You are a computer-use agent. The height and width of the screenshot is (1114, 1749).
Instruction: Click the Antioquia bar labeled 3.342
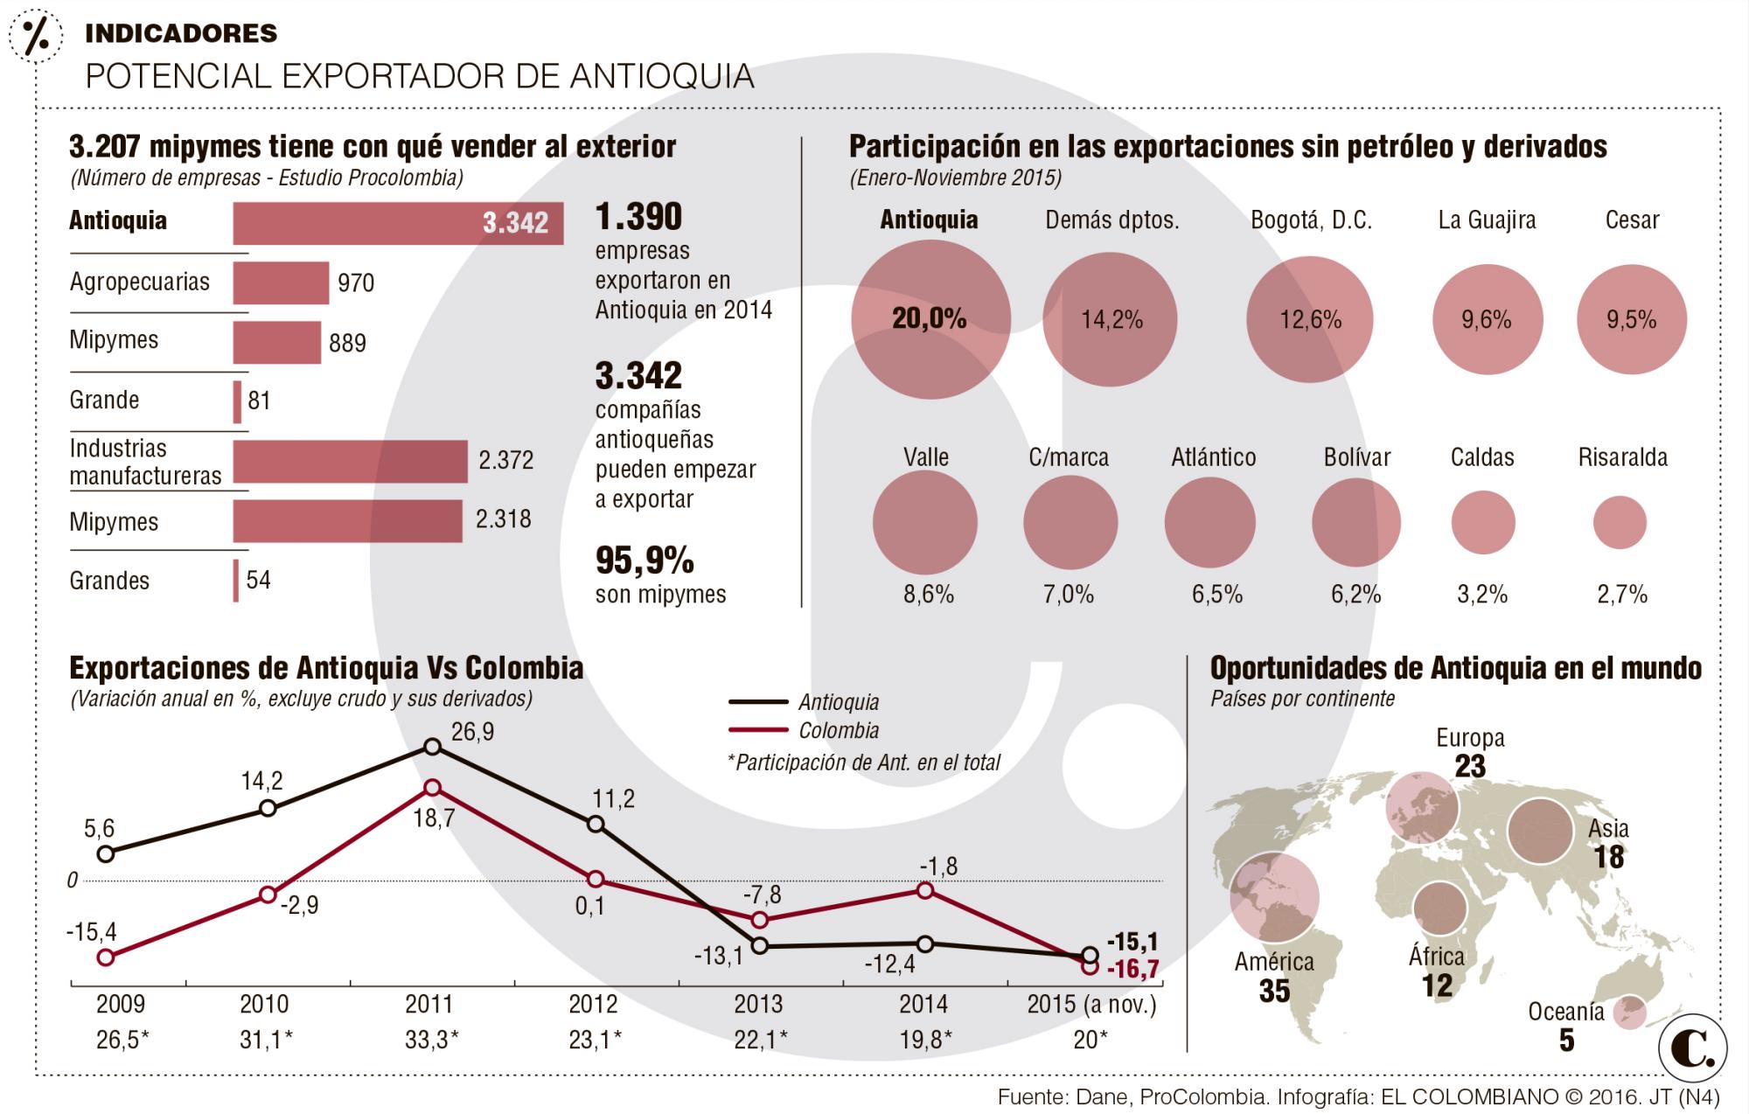click(398, 223)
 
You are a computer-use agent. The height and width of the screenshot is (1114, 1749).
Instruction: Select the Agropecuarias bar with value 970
click(281, 282)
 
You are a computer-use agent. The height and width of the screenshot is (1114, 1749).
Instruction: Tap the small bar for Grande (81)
click(237, 401)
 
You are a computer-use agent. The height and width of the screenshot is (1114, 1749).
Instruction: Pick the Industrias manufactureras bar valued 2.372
click(350, 461)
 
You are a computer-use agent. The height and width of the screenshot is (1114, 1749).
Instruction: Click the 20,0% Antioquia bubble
click(930, 319)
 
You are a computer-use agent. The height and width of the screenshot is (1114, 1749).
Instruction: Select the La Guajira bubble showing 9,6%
click(1487, 320)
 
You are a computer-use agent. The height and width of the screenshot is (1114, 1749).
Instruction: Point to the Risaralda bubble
click(1620, 523)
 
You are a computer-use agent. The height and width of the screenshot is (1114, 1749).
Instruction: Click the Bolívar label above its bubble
click(1356, 457)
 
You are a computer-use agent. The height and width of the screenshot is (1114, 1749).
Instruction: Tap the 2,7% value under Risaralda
click(1622, 595)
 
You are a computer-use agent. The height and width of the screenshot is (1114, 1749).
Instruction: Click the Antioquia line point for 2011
click(432, 746)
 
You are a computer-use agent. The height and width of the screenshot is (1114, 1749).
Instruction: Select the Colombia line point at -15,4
click(106, 957)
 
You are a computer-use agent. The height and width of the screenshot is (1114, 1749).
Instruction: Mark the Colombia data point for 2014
click(925, 890)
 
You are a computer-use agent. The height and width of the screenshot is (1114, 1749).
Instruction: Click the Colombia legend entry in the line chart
click(838, 731)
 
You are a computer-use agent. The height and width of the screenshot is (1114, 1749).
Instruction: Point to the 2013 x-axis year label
click(758, 1004)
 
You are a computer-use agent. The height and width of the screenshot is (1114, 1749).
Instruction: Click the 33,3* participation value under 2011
click(431, 1040)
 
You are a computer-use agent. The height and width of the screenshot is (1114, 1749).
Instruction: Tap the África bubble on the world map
click(1439, 909)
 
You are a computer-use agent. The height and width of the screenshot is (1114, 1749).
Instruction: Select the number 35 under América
click(1274, 992)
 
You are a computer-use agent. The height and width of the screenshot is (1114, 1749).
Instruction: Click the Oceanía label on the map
click(1565, 1012)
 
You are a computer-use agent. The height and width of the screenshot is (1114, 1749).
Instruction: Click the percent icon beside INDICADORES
click(35, 35)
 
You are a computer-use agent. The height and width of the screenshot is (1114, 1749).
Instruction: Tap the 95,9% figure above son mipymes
click(645, 560)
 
